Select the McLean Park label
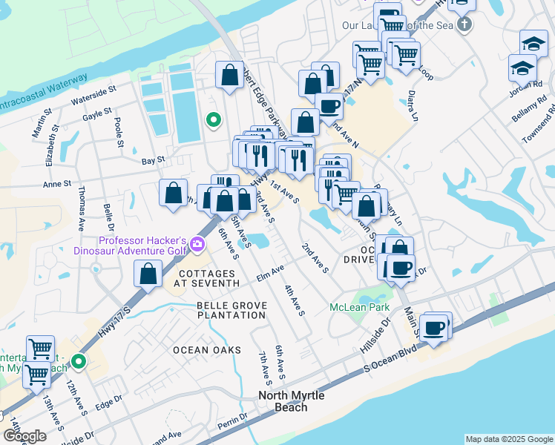360,306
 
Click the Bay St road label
151,160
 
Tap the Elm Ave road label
271,274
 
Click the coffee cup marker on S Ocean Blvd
435,327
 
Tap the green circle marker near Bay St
214,119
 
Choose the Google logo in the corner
24,437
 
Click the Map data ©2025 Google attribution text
508,439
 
